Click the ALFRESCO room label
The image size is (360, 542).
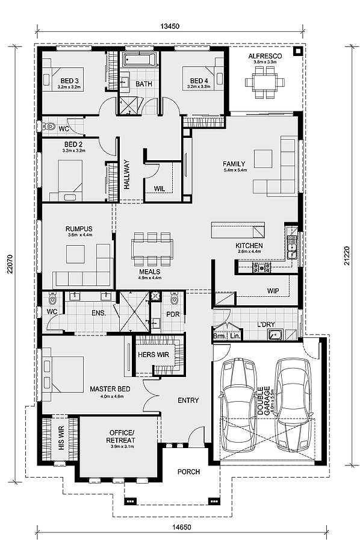click(265, 56)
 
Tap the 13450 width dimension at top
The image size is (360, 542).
click(170, 26)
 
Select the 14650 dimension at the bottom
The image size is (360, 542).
click(182, 527)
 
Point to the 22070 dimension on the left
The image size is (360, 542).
click(10, 264)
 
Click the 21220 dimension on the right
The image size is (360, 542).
click(347, 256)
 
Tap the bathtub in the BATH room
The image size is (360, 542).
click(140, 60)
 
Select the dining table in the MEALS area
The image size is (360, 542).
click(152, 249)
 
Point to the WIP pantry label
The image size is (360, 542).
click(273, 291)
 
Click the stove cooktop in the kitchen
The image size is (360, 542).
click(262, 267)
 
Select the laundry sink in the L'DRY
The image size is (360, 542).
click(275, 335)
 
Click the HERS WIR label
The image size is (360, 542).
click(154, 355)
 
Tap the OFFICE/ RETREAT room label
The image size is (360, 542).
click(120, 437)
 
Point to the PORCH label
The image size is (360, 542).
click(188, 472)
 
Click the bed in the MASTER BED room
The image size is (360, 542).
click(63, 374)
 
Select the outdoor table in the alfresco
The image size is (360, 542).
click(265, 83)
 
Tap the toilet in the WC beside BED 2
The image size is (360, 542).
click(49, 126)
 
